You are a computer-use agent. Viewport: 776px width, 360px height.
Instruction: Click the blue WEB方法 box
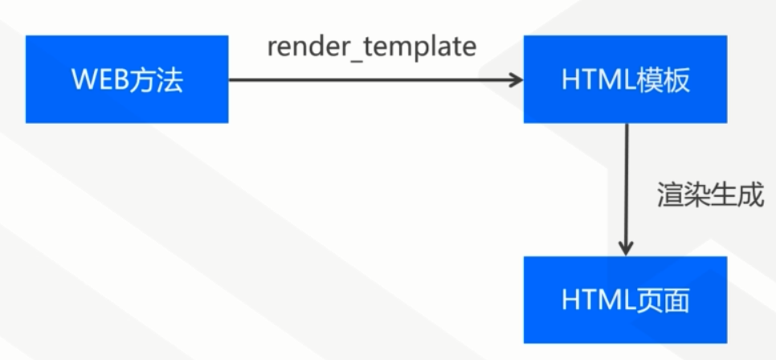click(126, 79)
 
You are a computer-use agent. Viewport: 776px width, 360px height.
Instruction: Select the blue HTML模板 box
click(625, 79)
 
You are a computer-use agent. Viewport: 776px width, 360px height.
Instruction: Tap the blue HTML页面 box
click(625, 300)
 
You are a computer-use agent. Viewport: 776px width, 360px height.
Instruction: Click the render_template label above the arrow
click(372, 47)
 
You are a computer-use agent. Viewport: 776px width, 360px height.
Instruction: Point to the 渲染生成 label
click(710, 195)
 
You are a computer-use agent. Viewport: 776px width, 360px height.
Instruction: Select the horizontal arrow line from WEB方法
click(361, 80)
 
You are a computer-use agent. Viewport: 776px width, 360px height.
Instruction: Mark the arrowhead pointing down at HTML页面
click(626, 247)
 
